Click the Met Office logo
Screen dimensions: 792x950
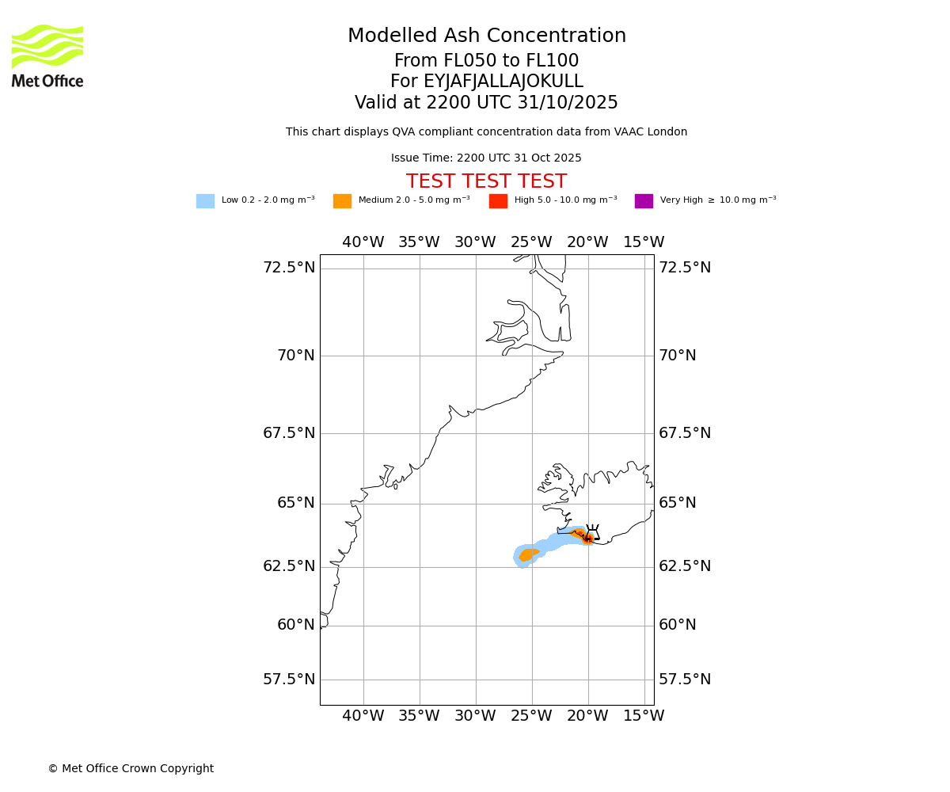[47, 55]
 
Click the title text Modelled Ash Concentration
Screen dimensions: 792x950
[487, 36]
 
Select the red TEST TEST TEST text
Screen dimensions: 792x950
[486, 182]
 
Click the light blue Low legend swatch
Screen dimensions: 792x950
[205, 201]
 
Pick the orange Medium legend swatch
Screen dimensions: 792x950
[342, 201]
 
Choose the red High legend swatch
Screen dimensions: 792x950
[498, 201]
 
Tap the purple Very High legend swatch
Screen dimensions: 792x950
[644, 201]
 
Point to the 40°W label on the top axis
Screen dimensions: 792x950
[363, 242]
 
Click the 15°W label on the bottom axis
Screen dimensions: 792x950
[644, 716]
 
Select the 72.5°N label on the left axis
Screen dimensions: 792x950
[289, 268]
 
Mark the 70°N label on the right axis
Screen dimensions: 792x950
[678, 356]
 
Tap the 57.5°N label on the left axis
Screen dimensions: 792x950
[289, 680]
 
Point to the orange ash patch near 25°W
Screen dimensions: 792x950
[528, 554]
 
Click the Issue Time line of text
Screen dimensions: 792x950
[486, 158]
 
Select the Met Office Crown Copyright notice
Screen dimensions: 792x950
[131, 769]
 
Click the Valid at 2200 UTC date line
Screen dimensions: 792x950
[486, 103]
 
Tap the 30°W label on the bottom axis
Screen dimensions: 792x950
[475, 716]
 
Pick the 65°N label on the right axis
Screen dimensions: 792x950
[678, 503]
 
